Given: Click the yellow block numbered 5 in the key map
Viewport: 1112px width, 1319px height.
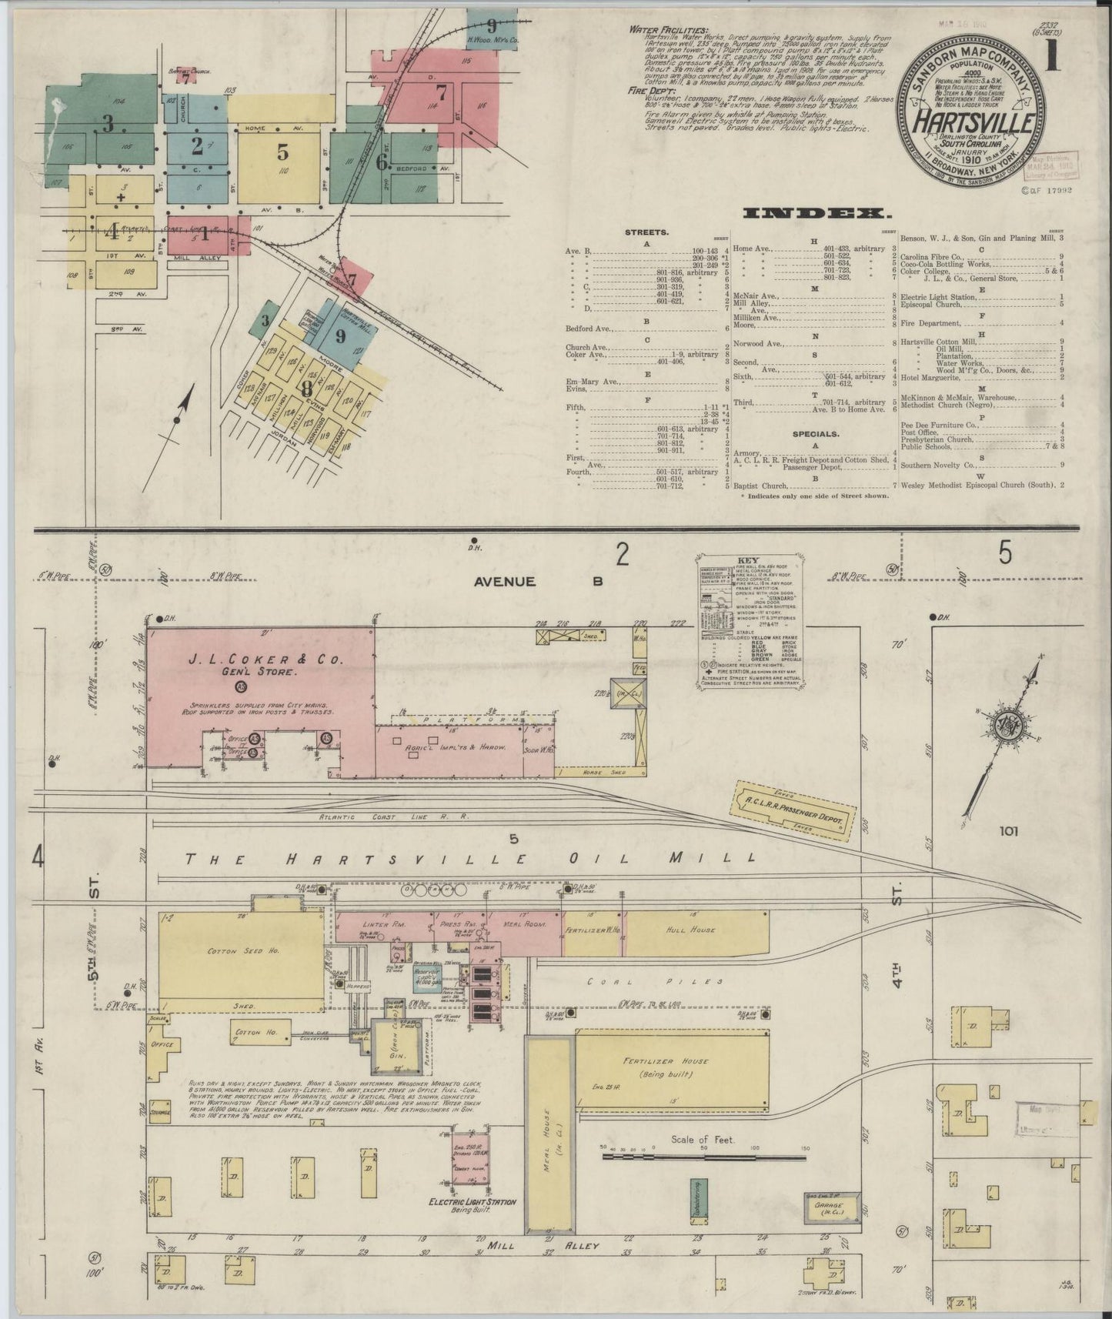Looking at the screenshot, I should click(x=282, y=152).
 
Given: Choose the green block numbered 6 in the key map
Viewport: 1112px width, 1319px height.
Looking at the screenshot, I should click(x=381, y=162).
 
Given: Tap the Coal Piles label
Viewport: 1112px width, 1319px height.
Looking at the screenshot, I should click(x=655, y=982).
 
